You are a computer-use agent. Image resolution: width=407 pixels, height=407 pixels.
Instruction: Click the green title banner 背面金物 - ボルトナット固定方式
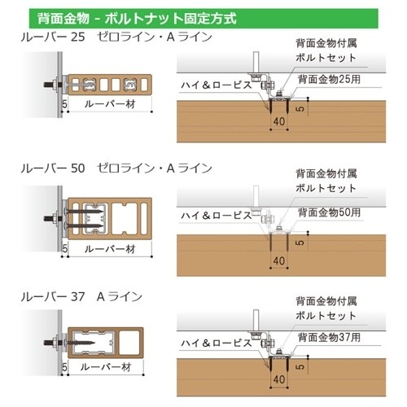pyautogui.click(x=203, y=19)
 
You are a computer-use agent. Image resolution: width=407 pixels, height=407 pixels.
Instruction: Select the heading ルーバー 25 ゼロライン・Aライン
pyautogui.click(x=116, y=37)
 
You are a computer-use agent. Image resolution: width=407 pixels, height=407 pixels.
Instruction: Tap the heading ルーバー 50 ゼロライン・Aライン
pyautogui.click(x=116, y=168)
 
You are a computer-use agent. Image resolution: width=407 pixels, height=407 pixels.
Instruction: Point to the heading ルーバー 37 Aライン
pyautogui.click(x=81, y=296)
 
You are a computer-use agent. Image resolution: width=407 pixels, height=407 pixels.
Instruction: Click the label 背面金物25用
pyautogui.click(x=329, y=79)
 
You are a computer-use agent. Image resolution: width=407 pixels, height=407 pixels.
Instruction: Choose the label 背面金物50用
pyautogui.click(x=329, y=212)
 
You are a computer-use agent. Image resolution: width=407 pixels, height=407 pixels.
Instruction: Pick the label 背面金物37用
pyautogui.click(x=329, y=337)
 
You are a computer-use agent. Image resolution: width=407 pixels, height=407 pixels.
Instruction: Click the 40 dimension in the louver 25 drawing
pyautogui.click(x=279, y=121)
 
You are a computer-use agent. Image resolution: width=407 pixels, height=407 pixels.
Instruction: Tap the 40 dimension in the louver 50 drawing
pyautogui.click(x=279, y=260)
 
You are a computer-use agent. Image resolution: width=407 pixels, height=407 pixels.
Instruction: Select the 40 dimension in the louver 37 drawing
pyautogui.click(x=279, y=379)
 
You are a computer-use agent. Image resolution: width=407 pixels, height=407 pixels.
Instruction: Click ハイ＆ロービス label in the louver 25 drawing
pyautogui.click(x=217, y=85)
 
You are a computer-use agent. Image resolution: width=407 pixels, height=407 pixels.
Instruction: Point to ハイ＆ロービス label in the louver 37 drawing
pyautogui.click(x=217, y=343)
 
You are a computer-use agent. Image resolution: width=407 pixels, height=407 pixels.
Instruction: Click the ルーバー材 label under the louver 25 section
pyautogui.click(x=110, y=104)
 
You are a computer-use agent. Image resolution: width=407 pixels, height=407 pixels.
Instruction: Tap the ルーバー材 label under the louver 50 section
pyautogui.click(x=110, y=249)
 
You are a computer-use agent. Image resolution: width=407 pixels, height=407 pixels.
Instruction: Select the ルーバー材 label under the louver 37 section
pyautogui.click(x=106, y=367)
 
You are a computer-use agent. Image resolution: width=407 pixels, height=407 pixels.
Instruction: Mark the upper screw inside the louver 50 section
pyautogui.click(x=84, y=211)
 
